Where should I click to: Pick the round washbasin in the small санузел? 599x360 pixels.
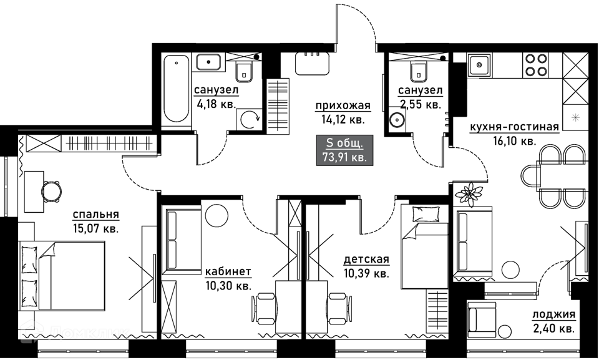coord(397,120)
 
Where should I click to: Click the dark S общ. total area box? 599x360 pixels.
coord(344,150)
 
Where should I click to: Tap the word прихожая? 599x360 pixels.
coord(343,105)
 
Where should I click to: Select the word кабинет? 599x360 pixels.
coord(228,271)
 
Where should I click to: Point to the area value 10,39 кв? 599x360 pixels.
coord(366,274)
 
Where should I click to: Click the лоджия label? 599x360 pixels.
coord(553,314)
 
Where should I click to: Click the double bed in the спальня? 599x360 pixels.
coord(62,275)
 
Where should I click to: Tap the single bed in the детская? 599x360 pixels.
coord(424,246)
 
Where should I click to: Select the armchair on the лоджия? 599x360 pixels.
coord(481,319)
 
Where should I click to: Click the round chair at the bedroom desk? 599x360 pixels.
coord(51,191)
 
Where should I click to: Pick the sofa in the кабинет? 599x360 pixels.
coord(182,240)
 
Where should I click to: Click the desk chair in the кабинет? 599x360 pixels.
coord(263,309)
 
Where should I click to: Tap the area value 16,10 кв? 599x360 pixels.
coord(514,141)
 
